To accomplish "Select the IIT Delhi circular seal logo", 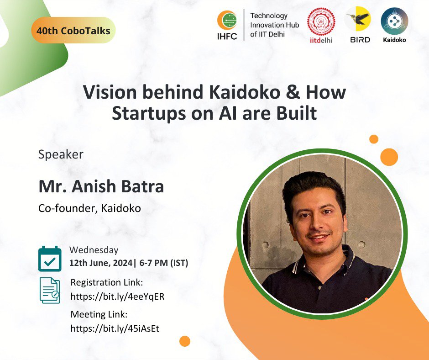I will point(321,22).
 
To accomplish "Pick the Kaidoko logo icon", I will point(394,21).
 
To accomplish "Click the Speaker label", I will point(61,154).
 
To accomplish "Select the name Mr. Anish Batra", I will point(101,186).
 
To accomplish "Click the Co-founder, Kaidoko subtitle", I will point(89,208).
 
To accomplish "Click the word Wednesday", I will point(94,250).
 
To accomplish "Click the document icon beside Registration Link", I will point(50,290).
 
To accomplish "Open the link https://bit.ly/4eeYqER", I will point(117,296).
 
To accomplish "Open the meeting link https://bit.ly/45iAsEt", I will point(115,328).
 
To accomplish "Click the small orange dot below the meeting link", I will point(185,341).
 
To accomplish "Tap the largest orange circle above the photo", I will point(389,157).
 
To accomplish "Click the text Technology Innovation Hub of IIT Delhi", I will point(274,25).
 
